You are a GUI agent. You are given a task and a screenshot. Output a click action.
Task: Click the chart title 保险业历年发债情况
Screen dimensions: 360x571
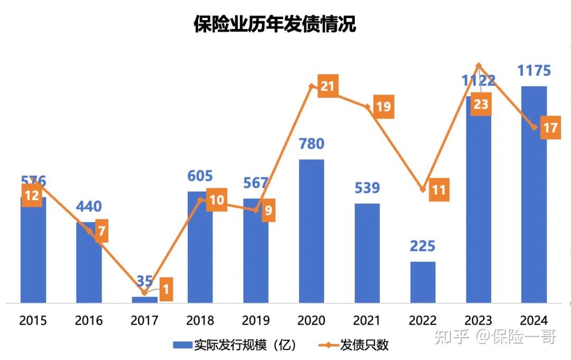coord(274,24)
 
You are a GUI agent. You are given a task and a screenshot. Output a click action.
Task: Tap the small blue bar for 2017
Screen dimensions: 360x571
coord(144,300)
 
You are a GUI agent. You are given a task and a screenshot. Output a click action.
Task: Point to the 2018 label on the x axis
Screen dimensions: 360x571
coord(200,320)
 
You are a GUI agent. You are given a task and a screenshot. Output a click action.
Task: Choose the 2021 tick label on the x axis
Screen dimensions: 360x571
coord(367,320)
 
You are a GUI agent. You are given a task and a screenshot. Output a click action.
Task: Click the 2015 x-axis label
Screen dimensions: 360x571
coord(33,320)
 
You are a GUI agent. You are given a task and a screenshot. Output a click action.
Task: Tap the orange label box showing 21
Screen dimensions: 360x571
coord(327,86)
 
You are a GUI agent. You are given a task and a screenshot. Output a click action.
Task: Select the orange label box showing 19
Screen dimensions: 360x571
coord(383,107)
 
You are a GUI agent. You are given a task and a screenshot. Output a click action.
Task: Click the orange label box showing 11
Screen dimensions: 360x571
coord(438,190)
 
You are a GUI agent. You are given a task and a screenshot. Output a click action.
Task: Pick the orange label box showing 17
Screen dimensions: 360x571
coord(550,128)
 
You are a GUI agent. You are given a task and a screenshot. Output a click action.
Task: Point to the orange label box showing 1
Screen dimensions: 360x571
coord(166,289)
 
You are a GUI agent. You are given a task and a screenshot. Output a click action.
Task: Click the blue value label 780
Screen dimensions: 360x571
coord(311,144)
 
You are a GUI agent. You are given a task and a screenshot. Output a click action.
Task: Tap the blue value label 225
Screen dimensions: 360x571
coord(422,246)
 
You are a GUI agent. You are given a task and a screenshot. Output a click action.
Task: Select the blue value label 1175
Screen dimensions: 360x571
coord(533,71)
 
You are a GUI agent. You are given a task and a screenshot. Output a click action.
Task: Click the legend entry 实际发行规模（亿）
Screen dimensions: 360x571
coord(236,345)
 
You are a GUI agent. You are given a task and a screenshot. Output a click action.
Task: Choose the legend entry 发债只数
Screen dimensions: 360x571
coord(355,345)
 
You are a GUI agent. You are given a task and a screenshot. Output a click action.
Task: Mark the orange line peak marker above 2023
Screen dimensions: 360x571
coord(478,66)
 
